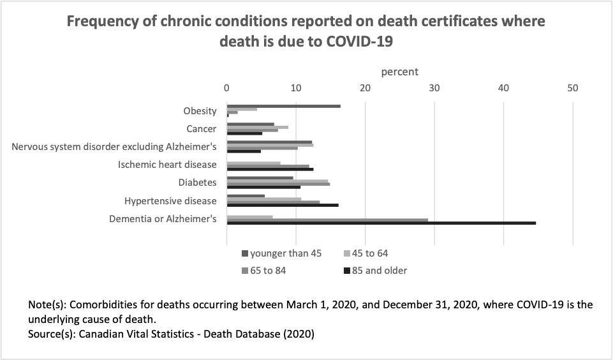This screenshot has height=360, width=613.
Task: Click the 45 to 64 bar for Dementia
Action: click(249, 217)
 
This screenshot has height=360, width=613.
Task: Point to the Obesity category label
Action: click(200, 111)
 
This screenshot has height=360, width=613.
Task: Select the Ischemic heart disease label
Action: click(167, 165)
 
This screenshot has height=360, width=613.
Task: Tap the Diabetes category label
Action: click(197, 183)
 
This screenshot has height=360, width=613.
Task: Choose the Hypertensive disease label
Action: click(170, 200)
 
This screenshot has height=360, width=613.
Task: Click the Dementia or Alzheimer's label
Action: click(163, 219)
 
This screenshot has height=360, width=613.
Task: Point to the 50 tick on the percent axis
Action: click(573, 87)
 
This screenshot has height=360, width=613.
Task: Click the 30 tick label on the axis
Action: click(434, 87)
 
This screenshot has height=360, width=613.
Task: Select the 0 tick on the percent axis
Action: click(226, 87)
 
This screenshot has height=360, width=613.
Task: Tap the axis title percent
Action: click(399, 71)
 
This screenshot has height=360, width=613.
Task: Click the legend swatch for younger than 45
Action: click(245, 253)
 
